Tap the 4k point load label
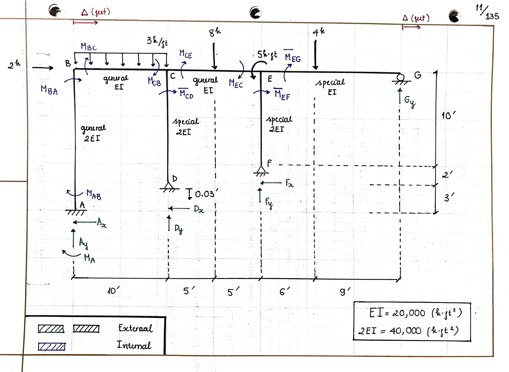point(318,32)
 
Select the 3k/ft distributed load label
point(157,41)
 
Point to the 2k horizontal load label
point(14,64)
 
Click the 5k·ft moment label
point(267,55)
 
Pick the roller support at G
point(401,78)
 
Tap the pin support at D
point(169,186)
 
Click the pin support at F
point(261,170)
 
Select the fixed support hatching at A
point(76,212)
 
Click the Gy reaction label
point(410,101)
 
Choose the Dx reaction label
point(199,209)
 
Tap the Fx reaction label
point(289,183)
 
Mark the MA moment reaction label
point(89,258)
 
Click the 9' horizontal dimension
point(345,292)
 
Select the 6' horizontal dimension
point(284,292)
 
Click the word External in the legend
point(135,328)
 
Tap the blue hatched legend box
point(52,347)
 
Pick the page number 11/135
point(487,12)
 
